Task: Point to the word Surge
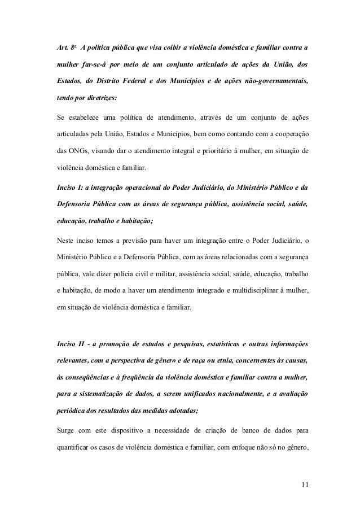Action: coord(60,433)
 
